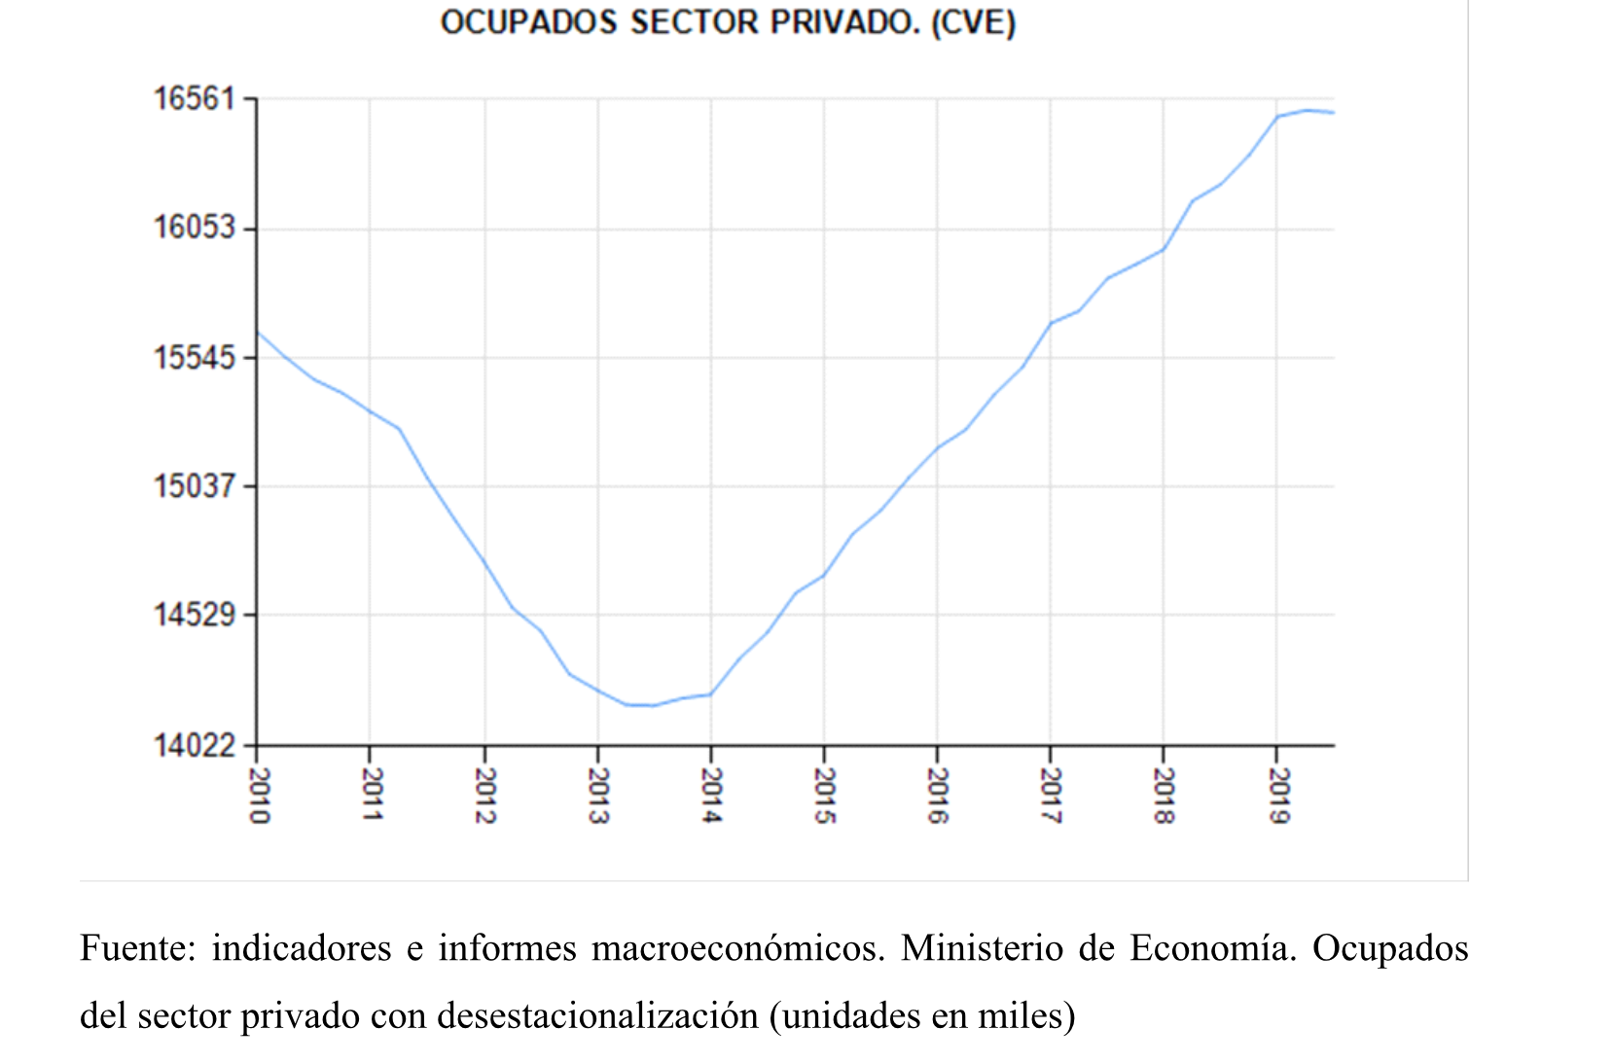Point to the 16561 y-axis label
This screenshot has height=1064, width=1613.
pyautogui.click(x=195, y=98)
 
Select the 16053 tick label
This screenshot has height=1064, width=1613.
pyautogui.click(x=195, y=228)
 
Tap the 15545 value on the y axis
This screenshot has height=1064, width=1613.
pyautogui.click(x=195, y=357)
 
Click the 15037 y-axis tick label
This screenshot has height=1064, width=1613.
pyautogui.click(x=195, y=485)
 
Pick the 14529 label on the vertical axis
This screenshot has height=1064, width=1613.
pyautogui.click(x=195, y=615)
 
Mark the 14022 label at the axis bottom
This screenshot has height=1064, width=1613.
pyautogui.click(x=195, y=745)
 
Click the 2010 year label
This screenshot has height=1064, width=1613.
pyautogui.click(x=259, y=796)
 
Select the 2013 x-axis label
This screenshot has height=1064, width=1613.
pyautogui.click(x=598, y=796)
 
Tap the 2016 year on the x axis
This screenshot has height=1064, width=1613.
pyautogui.click(x=938, y=796)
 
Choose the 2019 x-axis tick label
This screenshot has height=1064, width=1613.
pyautogui.click(x=1277, y=796)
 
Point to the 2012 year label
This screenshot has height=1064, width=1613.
pyautogui.click(x=484, y=796)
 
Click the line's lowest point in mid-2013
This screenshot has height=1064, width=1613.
pyautogui.click(x=642, y=705)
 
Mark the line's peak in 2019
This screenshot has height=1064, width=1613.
pyautogui.click(x=1307, y=110)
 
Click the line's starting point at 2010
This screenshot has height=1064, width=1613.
pyautogui.click(x=258, y=332)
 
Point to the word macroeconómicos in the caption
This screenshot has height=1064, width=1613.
pyautogui.click(x=737, y=948)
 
